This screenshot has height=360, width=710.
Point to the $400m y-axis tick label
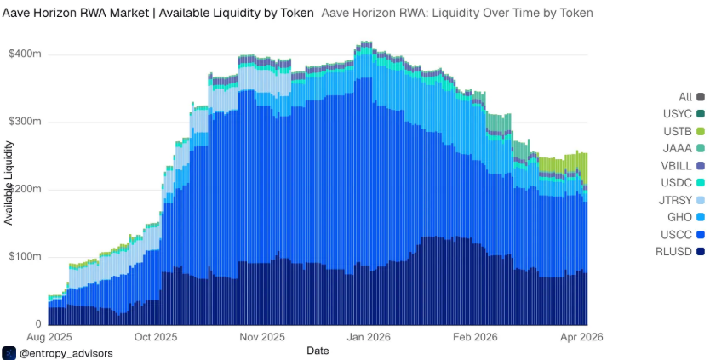[25, 54]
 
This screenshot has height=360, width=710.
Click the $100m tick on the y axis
[25, 257]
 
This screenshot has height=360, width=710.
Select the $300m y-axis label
[25, 122]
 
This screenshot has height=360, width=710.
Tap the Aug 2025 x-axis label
[49, 337]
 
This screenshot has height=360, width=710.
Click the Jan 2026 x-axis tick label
[367, 337]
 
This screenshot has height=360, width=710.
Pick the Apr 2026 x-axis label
[580, 337]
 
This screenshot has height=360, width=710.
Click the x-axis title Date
[318, 350]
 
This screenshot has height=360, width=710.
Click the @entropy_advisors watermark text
[66, 352]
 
